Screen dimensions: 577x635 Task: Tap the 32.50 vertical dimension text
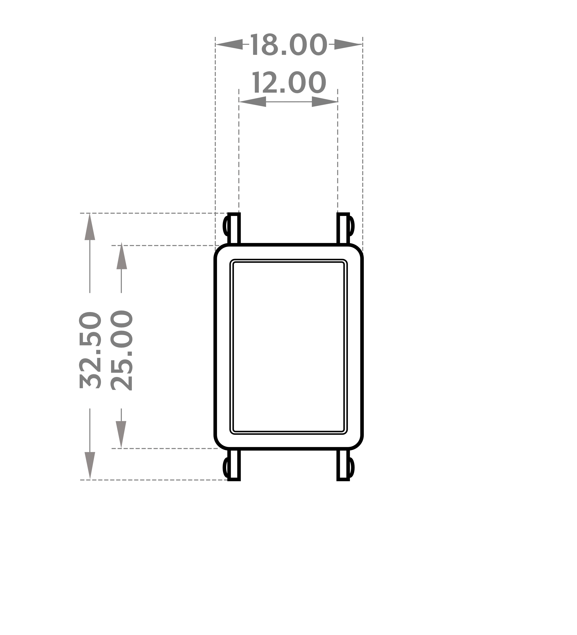click(90, 350)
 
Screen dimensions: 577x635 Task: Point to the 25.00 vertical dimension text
click(121, 350)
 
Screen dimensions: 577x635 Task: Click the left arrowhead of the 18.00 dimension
click(229, 44)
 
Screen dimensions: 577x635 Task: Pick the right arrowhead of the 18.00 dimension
click(348, 44)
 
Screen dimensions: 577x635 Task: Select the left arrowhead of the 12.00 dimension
click(252, 102)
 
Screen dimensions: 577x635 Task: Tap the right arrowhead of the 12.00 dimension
click(325, 102)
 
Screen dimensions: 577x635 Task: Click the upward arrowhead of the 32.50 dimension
click(90, 227)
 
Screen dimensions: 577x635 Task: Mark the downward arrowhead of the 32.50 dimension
click(90, 466)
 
